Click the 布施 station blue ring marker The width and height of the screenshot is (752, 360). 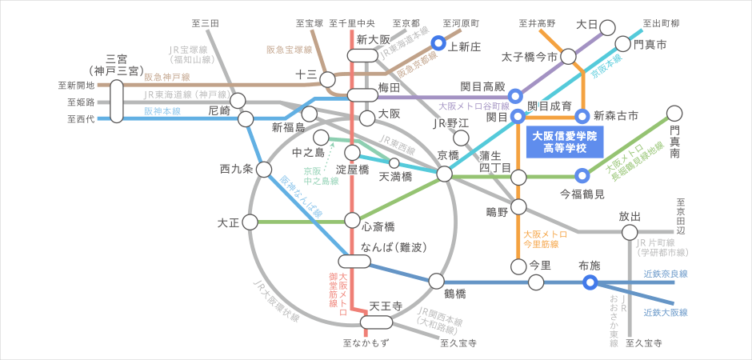(590, 282)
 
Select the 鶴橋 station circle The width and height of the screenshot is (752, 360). (436, 281)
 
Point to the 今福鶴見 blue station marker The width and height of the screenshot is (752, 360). (583, 175)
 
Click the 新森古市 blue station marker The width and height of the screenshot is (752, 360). (583, 117)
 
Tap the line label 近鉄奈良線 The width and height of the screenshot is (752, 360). (666, 274)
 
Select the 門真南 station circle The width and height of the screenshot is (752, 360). (674, 113)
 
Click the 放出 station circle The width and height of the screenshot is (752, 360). (630, 233)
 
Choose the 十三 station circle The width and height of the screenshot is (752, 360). (327, 78)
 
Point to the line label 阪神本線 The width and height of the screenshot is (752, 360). (163, 111)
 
